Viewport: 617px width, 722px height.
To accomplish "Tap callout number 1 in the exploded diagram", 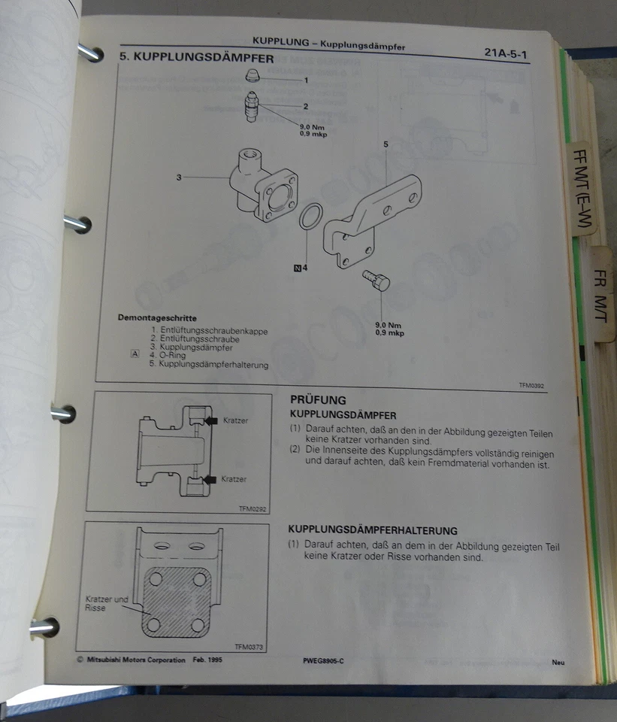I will pyautogui.click(x=306, y=79).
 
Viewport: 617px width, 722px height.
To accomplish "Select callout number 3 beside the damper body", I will pyautogui.click(x=180, y=177).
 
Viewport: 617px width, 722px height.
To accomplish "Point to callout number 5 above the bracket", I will pyautogui.click(x=386, y=143).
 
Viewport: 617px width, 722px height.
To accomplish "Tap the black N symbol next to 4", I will pyautogui.click(x=297, y=267).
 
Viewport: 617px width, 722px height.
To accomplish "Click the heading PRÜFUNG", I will pyautogui.click(x=318, y=401).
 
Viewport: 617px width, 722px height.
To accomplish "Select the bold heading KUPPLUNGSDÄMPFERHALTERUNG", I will pyautogui.click(x=373, y=530).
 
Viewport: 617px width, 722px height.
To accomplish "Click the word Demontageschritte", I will pyautogui.click(x=157, y=318).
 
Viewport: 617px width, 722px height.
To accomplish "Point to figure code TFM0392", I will pyautogui.click(x=531, y=385).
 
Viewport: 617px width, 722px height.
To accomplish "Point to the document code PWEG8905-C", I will pyautogui.click(x=324, y=661).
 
